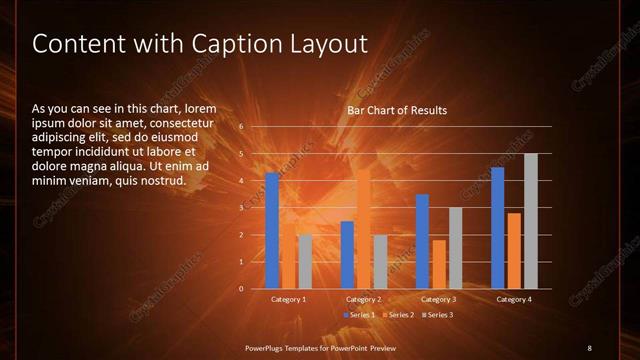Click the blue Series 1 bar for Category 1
272,231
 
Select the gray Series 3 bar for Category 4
531,221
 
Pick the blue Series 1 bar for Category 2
347,255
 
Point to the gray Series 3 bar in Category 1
305,261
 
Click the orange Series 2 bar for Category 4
514,250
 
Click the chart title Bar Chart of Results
397,110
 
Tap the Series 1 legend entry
360,315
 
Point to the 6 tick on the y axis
241,127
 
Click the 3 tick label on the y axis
241,208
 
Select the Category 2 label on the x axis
364,299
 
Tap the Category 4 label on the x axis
514,299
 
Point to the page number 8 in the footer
589,347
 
